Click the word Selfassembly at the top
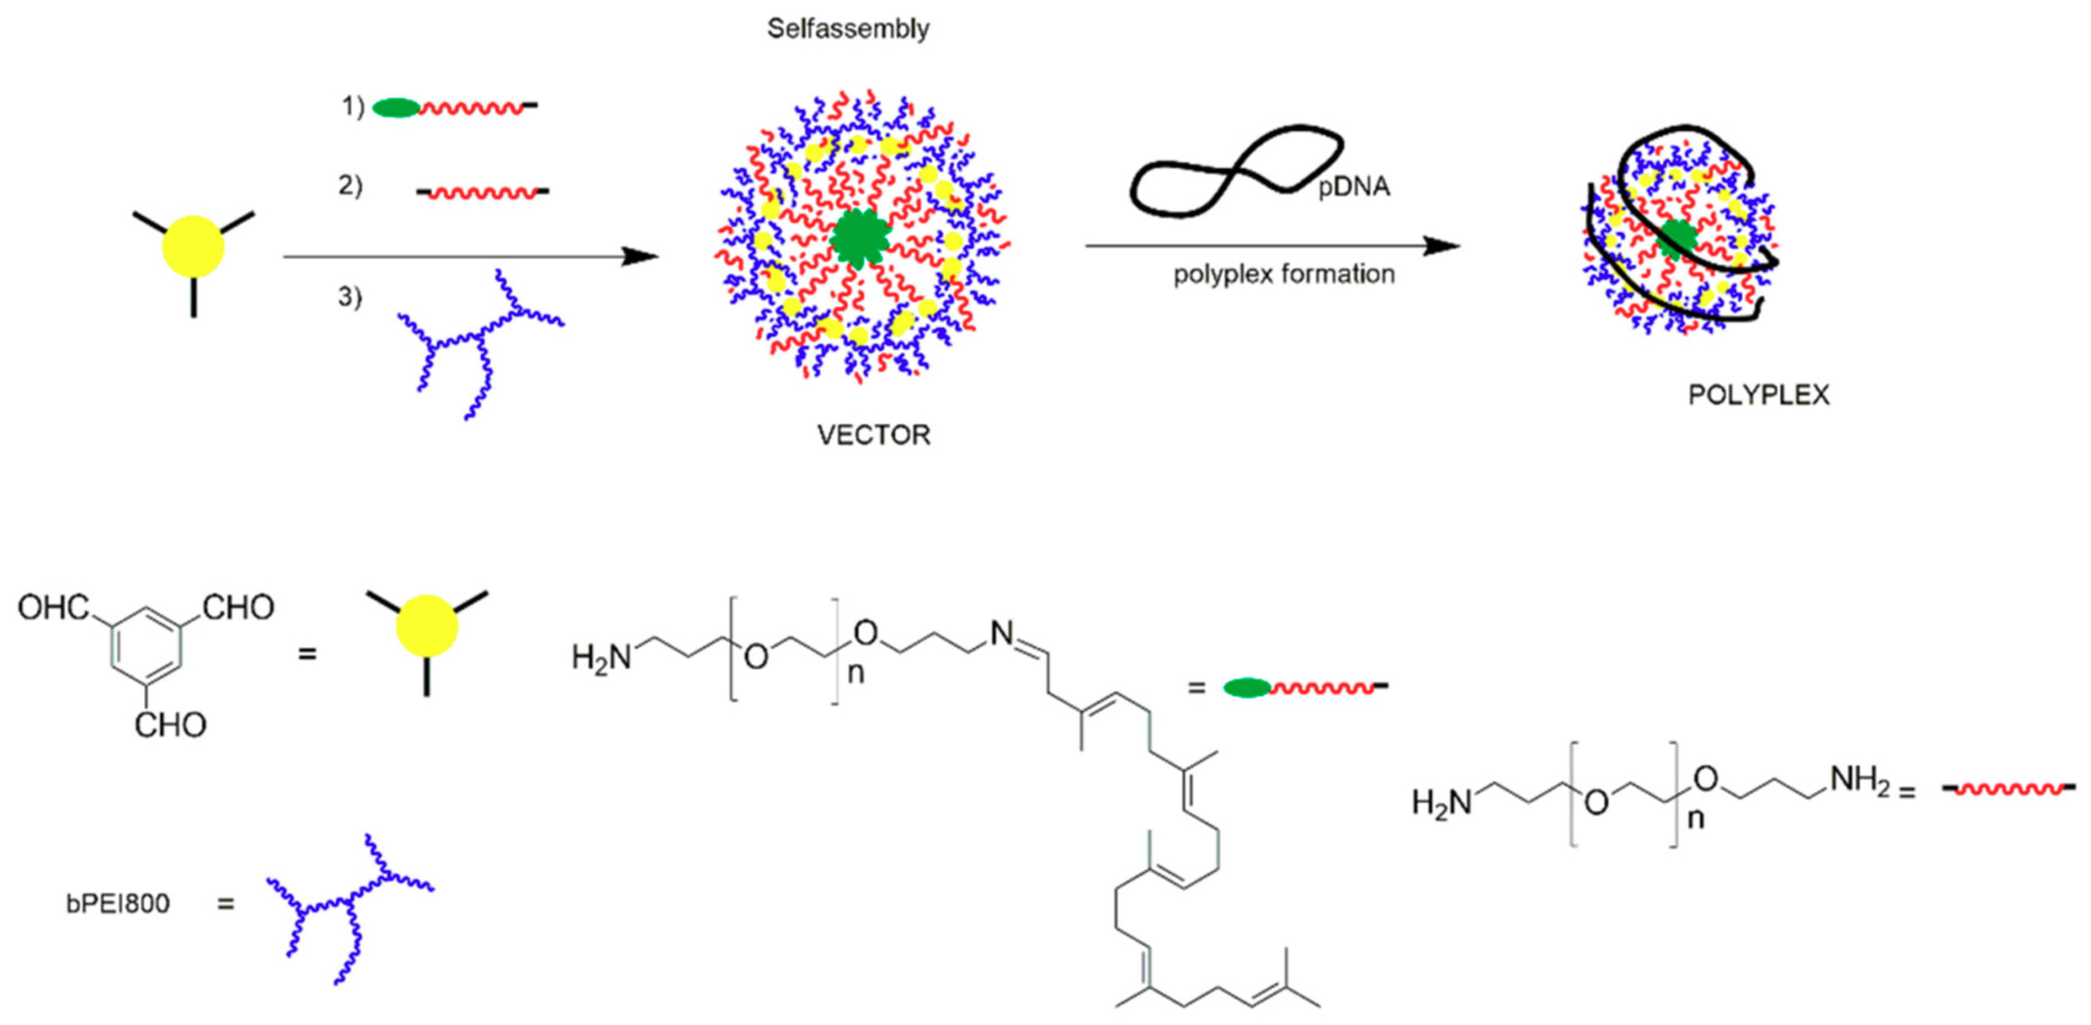tap(848, 29)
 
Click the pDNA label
tap(1353, 187)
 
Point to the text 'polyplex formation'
tap(1283, 274)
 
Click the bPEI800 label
tap(118, 903)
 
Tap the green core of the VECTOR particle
tap(861, 237)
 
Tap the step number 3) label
tap(350, 297)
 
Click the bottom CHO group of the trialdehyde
tap(171, 725)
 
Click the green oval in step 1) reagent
tap(396, 108)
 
